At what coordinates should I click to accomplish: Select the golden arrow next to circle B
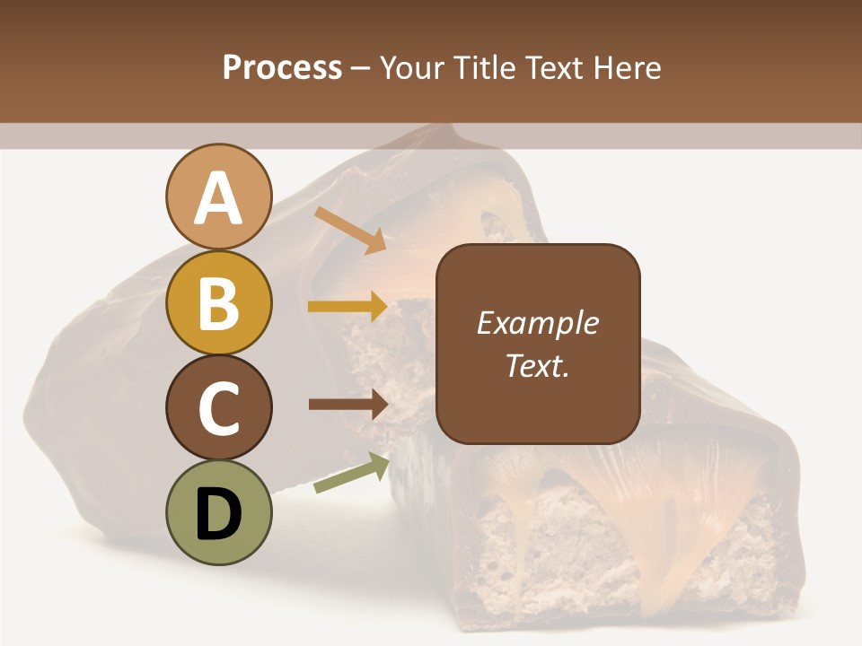(347, 307)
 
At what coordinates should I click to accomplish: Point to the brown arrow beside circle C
(348, 404)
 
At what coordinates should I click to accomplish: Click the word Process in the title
(282, 67)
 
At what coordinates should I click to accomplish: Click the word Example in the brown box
(537, 323)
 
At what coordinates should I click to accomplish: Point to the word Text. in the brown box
(537, 365)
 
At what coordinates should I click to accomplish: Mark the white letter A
(218, 198)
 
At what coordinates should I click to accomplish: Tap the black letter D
(218, 514)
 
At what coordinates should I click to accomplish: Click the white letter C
(218, 408)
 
